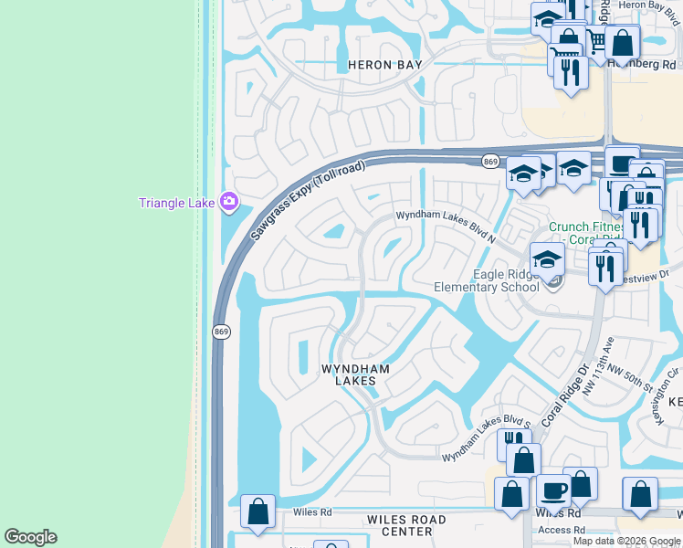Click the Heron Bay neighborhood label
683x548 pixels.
click(384, 66)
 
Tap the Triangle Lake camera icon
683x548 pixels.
click(229, 201)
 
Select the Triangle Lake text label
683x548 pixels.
click(177, 203)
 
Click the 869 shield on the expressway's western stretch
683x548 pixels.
click(220, 332)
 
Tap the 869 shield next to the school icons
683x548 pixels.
click(490, 162)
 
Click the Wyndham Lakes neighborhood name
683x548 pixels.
click(355, 374)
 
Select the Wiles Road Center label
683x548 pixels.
click(406, 525)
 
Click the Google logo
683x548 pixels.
click(30, 537)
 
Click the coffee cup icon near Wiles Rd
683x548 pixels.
click(553, 490)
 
